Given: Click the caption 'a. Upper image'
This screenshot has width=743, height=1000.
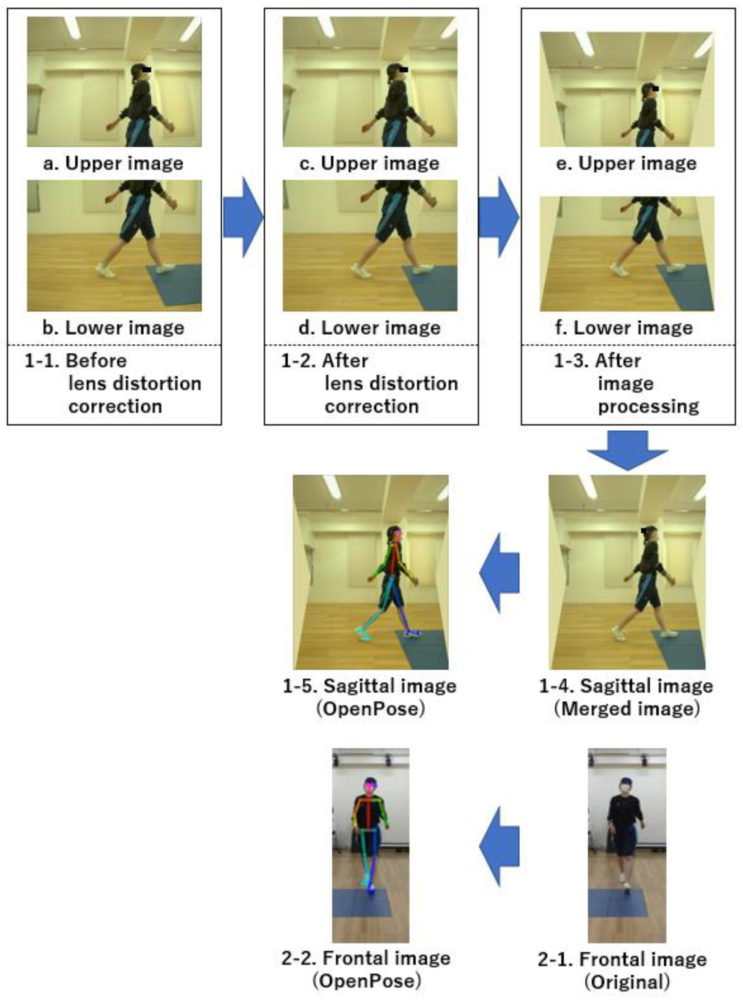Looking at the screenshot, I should (x=113, y=163).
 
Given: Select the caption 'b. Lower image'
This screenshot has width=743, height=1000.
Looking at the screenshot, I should (x=113, y=327).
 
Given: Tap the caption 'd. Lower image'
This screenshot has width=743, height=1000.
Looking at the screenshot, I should (x=369, y=327).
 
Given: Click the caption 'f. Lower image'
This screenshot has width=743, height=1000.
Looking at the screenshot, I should (x=624, y=327).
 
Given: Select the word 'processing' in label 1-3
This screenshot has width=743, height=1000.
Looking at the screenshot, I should (x=648, y=406).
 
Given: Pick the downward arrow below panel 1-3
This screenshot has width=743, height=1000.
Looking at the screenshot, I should (x=627, y=450).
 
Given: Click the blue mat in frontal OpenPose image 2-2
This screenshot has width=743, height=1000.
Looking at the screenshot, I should (x=362, y=903).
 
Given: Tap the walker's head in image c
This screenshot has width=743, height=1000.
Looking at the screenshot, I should (x=394, y=72).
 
